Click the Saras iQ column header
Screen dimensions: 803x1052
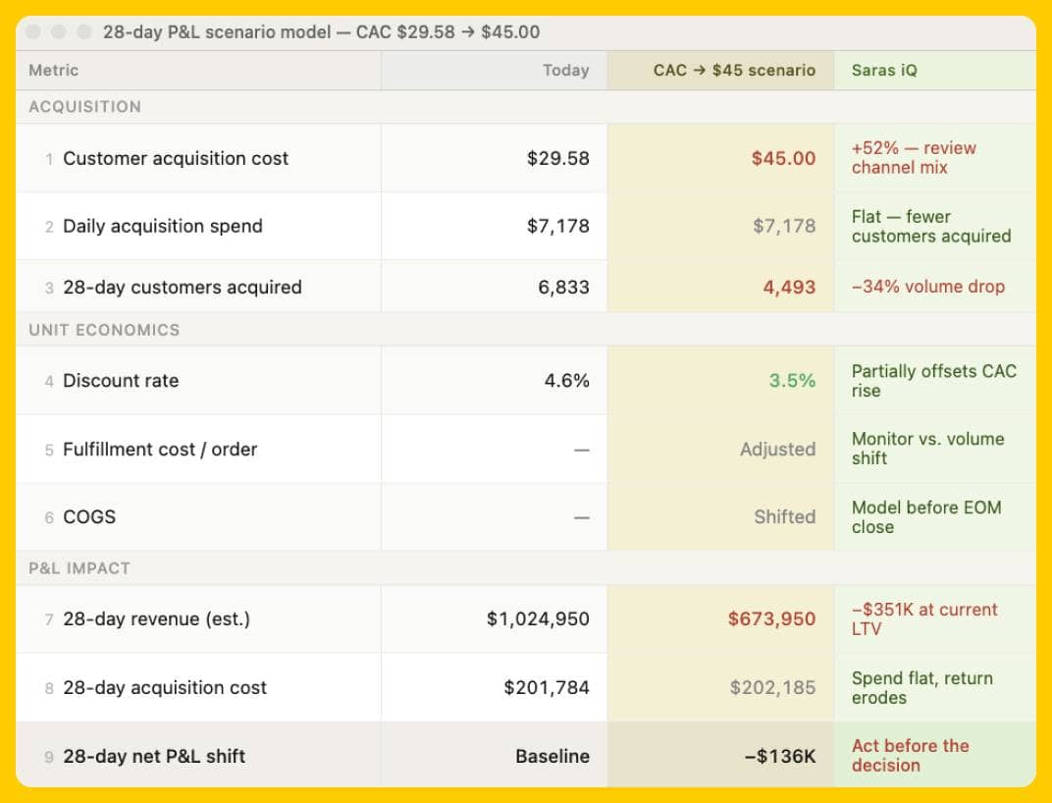click(884, 71)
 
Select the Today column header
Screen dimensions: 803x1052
click(565, 71)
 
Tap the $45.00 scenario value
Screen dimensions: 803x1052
click(783, 158)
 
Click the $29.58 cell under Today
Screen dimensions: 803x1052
click(557, 158)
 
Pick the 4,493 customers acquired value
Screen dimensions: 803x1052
click(789, 288)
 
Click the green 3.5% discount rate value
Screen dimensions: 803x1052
click(792, 381)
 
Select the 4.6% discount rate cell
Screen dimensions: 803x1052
click(566, 381)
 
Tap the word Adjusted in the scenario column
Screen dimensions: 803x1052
click(777, 450)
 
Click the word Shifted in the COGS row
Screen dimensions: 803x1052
click(784, 517)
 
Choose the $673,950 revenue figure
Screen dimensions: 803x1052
click(771, 619)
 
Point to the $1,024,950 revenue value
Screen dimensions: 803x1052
click(538, 619)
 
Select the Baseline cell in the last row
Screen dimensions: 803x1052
click(552, 757)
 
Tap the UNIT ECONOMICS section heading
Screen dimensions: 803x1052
click(104, 330)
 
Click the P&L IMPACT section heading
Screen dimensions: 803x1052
click(79, 568)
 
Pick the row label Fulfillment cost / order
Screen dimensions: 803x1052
click(160, 450)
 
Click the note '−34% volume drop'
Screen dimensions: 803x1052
click(927, 288)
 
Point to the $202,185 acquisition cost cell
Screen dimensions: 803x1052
click(772, 688)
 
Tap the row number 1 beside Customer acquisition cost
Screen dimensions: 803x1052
click(49, 159)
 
